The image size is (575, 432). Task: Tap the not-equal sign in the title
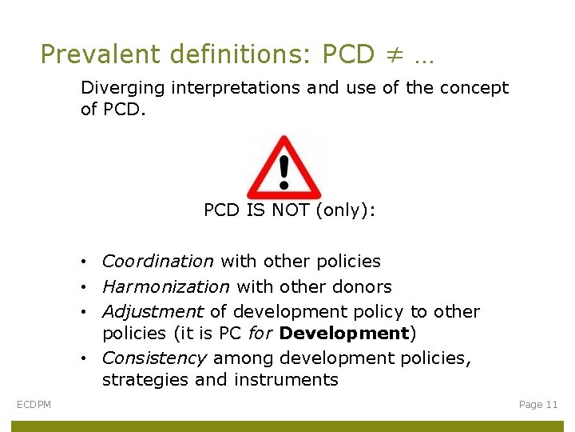(x=393, y=54)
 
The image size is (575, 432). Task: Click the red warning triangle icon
(x=284, y=167)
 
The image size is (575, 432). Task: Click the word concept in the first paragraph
(x=474, y=88)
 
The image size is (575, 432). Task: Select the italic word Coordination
(x=157, y=261)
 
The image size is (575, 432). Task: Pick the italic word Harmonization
(x=165, y=286)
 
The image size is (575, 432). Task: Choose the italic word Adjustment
(x=153, y=311)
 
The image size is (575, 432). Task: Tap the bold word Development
(x=343, y=333)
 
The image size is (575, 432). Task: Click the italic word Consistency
(x=154, y=358)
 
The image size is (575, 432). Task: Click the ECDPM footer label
(x=34, y=405)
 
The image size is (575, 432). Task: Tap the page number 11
(x=550, y=405)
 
